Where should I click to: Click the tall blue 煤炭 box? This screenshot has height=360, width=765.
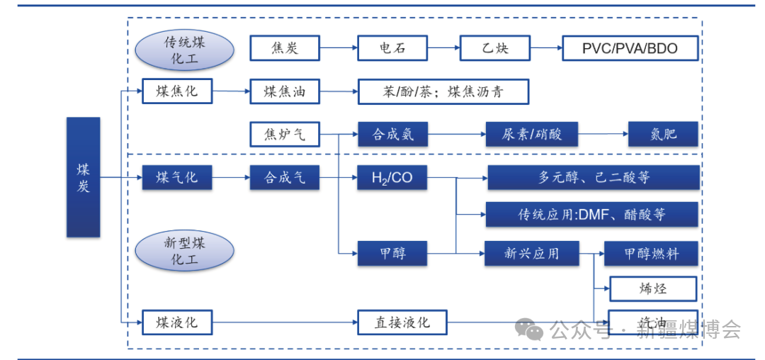tap(83, 177)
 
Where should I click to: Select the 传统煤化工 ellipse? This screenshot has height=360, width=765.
tap(184, 50)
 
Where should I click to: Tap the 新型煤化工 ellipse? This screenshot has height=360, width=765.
tap(184, 251)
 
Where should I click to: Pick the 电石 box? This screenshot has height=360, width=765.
tap(392, 48)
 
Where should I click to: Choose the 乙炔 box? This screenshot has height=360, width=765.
tap(495, 48)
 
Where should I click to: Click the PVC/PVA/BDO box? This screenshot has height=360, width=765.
tap(630, 48)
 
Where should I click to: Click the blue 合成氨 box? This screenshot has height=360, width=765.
tap(392, 134)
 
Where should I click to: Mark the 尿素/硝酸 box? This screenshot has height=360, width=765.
tap(531, 134)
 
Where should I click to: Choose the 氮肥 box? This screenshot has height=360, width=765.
tap(663, 134)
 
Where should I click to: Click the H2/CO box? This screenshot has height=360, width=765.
tap(392, 177)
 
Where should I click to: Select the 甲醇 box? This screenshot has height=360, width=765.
tap(392, 253)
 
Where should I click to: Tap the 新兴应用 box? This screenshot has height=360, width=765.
tap(531, 253)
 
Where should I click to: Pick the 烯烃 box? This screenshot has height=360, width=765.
tap(653, 288)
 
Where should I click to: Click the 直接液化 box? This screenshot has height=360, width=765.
tap(402, 322)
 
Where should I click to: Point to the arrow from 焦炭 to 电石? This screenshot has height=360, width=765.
tap(339, 48)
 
